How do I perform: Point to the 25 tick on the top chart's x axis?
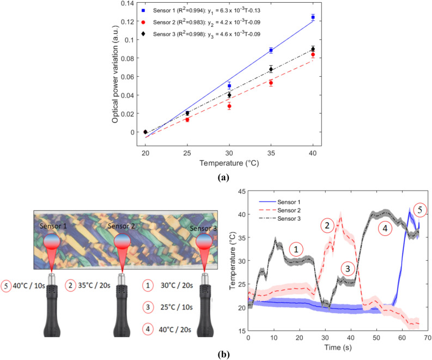pyautogui.click(x=187, y=153)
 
